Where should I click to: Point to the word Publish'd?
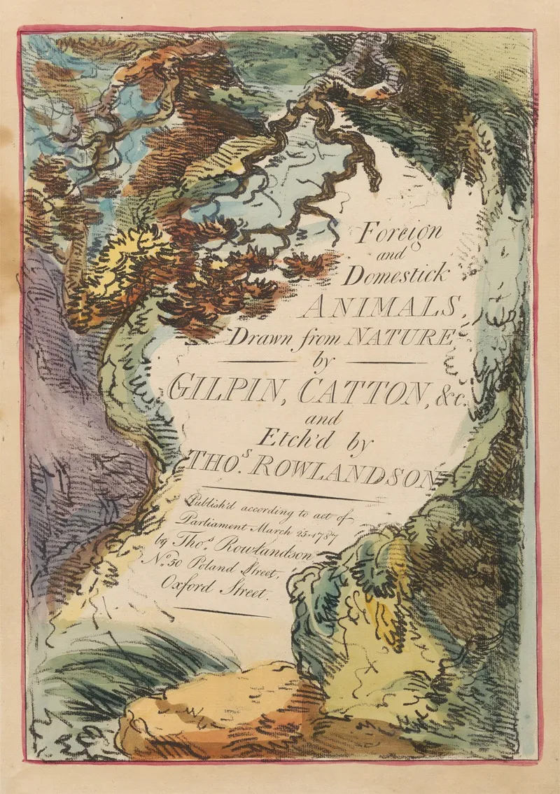click(x=210, y=503)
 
